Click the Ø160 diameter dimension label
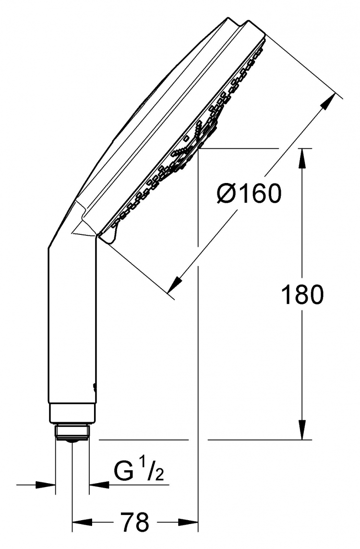(249, 193)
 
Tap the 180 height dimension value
(302, 294)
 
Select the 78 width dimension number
(135, 522)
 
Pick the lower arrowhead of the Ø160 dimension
(176, 283)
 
